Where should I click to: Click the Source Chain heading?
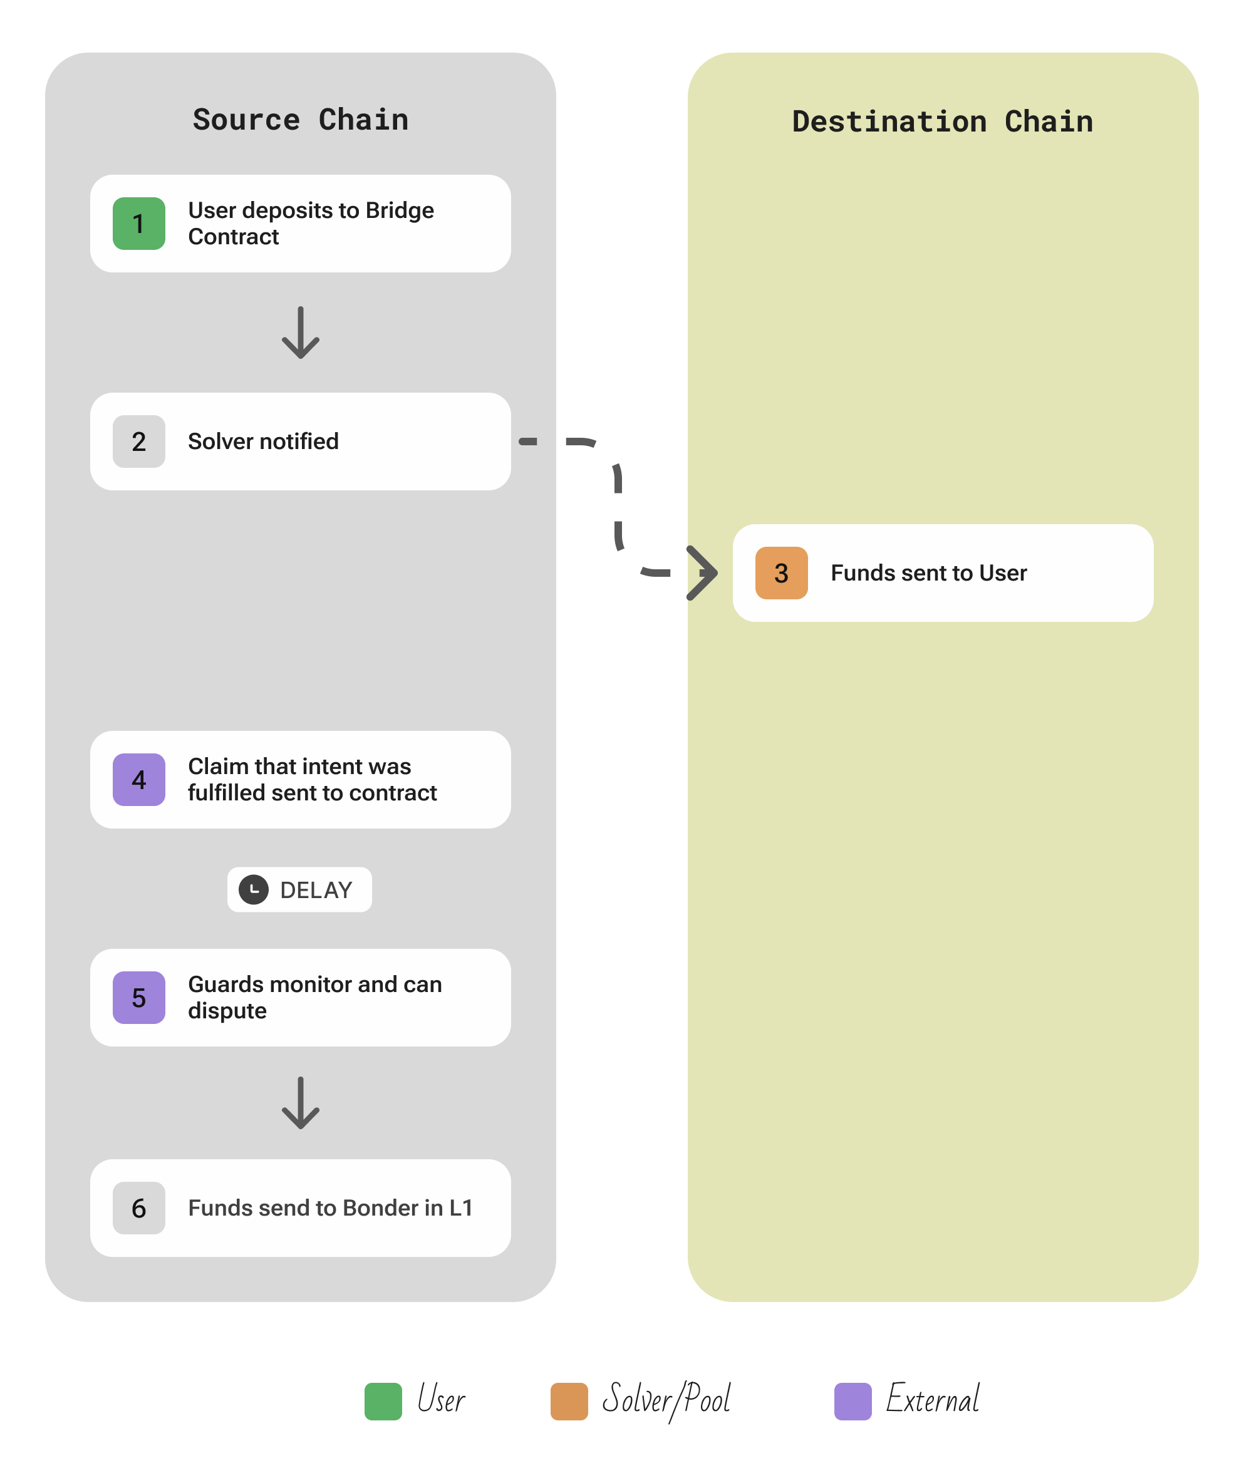pyautogui.click(x=301, y=120)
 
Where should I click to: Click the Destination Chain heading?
pyautogui.click(x=942, y=122)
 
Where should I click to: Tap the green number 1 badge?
pyautogui.click(x=139, y=224)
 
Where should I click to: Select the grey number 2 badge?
pyautogui.click(x=139, y=442)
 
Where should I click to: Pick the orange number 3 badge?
pyautogui.click(x=781, y=572)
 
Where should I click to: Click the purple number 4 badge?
pyautogui.click(x=139, y=779)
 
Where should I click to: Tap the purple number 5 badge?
pyautogui.click(x=139, y=997)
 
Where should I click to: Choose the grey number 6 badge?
pyautogui.click(x=139, y=1208)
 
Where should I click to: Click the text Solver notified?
pyautogui.click(x=263, y=442)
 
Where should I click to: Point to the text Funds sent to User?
pyautogui.click(x=928, y=572)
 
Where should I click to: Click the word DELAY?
pyautogui.click(x=316, y=890)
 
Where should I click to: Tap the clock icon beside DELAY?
pyautogui.click(x=253, y=889)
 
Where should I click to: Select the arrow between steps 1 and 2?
pyautogui.click(x=301, y=333)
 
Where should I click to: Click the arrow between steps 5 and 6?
pyautogui.click(x=301, y=1103)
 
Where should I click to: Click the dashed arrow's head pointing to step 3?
pyautogui.click(x=702, y=572)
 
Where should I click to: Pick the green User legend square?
pyautogui.click(x=383, y=1401)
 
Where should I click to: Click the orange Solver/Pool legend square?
pyautogui.click(x=569, y=1401)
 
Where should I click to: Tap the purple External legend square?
pyautogui.click(x=853, y=1401)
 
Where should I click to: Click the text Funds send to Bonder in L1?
pyautogui.click(x=330, y=1208)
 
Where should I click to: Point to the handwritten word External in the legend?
pyautogui.click(x=932, y=1399)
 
